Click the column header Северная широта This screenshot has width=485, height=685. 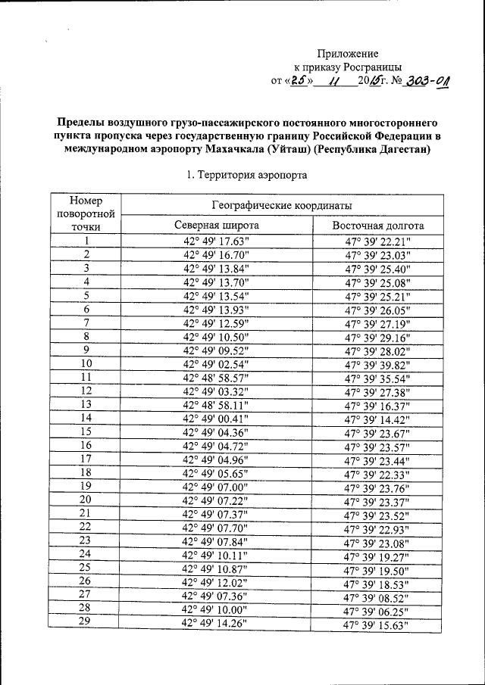click(216, 226)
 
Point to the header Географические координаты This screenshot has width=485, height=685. click(281, 205)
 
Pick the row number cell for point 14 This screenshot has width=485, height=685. click(86, 418)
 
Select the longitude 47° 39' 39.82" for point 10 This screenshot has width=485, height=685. click(377, 363)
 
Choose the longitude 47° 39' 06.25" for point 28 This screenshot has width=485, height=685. click(377, 610)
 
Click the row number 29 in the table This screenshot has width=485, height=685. click(86, 623)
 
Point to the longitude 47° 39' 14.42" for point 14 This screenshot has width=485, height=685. click(377, 419)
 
